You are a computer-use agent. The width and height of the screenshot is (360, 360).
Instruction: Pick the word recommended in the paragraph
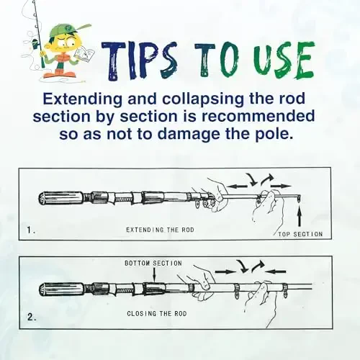(260, 117)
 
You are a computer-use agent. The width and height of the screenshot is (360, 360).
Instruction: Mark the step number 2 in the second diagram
(31, 315)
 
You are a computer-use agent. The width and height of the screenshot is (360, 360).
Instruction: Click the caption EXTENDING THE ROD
(161, 230)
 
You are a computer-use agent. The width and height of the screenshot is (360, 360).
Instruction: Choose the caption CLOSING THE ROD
(161, 314)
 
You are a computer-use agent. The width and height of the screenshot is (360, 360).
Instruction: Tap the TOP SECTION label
(300, 234)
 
